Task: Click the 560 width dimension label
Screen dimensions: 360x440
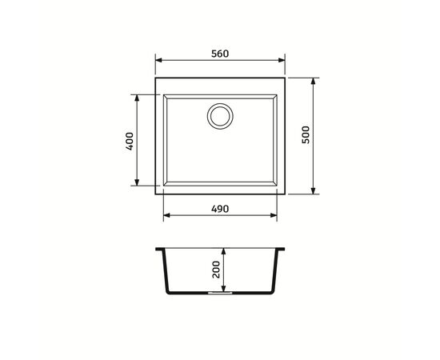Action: tap(220, 54)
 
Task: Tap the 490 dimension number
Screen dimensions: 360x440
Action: tap(220, 209)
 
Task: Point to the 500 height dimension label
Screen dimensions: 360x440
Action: tap(305, 135)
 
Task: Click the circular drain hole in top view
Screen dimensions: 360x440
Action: tap(220, 116)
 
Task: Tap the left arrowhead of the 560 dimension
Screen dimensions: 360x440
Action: tap(158, 61)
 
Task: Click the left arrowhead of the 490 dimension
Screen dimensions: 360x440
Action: tap(166, 216)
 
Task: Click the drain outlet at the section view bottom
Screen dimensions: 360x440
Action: tap(220, 294)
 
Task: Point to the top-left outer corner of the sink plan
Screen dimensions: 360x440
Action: tap(155, 78)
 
